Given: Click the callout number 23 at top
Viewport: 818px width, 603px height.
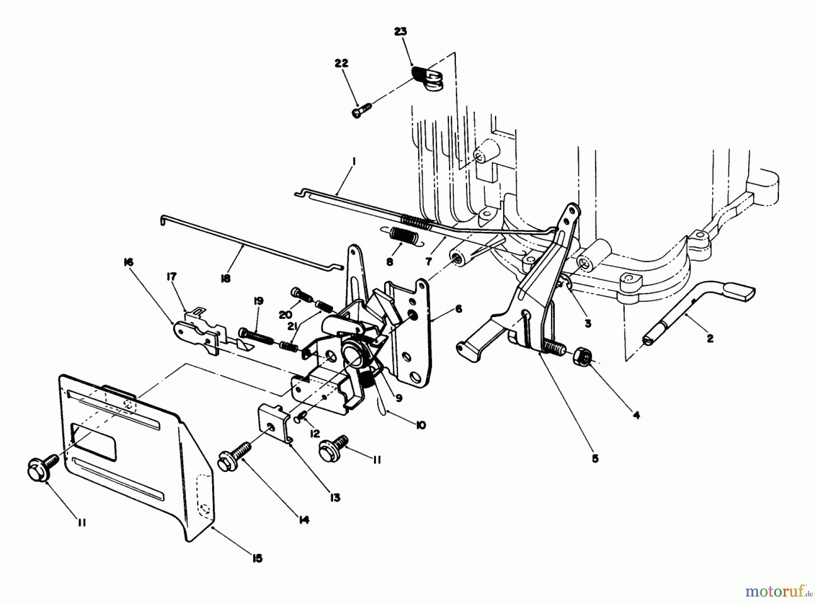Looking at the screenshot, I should [x=400, y=32].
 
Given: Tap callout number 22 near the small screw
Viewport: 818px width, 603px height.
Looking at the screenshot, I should [x=341, y=64].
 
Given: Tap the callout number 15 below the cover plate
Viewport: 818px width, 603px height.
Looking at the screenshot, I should [x=257, y=558].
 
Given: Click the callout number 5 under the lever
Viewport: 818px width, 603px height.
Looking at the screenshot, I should [x=595, y=458].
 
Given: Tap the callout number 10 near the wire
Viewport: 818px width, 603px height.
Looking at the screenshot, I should [x=421, y=425].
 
